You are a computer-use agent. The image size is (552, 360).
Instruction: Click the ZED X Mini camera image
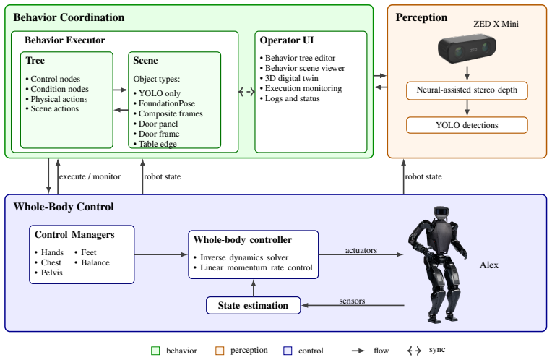[467, 48]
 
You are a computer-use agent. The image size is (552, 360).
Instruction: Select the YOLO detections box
[467, 125]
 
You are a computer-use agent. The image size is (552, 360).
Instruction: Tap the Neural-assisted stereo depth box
[467, 90]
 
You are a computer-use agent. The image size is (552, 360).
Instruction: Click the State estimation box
[253, 305]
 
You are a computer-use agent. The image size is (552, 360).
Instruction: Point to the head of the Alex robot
[441, 212]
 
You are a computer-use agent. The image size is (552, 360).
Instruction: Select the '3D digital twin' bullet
[289, 78]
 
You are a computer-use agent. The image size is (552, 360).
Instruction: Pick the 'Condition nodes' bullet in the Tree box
[56, 89]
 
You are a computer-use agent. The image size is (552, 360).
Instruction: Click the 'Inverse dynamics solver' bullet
[241, 257]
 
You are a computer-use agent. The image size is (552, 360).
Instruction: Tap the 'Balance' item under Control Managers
[92, 262]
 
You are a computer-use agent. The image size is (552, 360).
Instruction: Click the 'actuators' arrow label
[361, 250]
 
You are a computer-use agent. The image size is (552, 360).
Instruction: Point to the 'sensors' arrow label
[352, 301]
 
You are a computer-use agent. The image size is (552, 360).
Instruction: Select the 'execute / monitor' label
[90, 176]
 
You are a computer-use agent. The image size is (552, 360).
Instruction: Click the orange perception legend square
[220, 351]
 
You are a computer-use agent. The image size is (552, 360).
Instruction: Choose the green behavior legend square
[155, 351]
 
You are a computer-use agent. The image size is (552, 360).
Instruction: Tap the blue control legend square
[288, 351]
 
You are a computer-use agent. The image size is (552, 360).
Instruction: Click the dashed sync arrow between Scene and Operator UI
[246, 93]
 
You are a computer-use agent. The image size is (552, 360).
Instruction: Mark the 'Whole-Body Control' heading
[64, 207]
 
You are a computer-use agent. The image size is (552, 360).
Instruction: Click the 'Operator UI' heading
[287, 40]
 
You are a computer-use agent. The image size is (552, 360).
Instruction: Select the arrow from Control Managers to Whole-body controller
[161, 254]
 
